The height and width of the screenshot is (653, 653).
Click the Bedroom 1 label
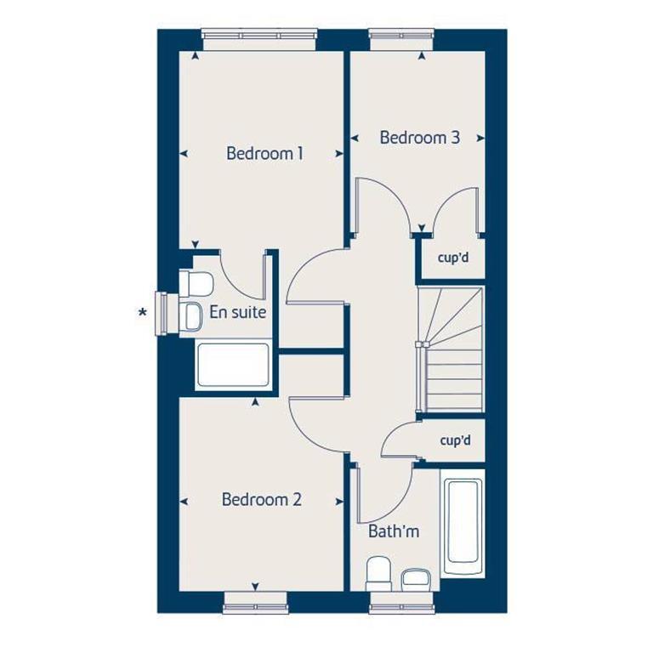(x=264, y=154)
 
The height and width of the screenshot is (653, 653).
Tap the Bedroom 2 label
(x=261, y=499)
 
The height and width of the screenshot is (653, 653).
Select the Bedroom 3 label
(x=419, y=137)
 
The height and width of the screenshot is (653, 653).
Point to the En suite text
(x=237, y=312)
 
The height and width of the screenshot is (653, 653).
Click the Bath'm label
(x=393, y=532)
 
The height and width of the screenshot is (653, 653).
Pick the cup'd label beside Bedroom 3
(x=452, y=258)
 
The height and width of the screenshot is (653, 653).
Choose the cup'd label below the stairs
(x=455, y=440)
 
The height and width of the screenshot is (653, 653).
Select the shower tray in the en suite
(x=233, y=365)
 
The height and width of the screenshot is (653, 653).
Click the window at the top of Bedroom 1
(x=258, y=35)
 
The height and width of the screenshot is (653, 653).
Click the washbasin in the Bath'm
(x=416, y=579)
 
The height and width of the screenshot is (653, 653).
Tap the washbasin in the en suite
(x=192, y=314)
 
